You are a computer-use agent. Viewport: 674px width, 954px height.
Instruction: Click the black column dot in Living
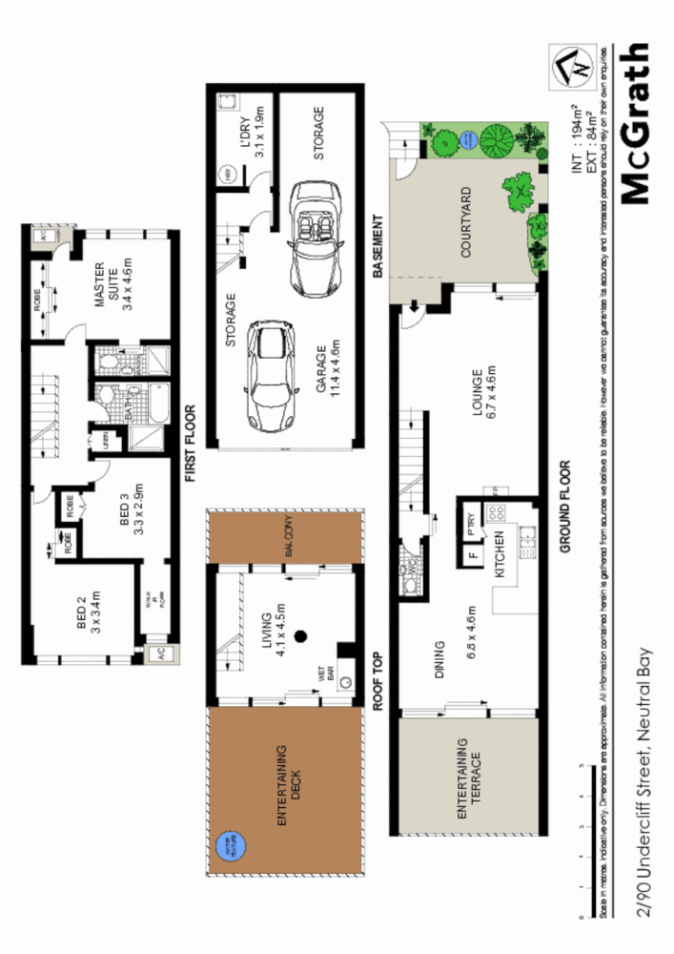(302, 636)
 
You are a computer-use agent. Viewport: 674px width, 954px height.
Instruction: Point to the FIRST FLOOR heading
(191, 443)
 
